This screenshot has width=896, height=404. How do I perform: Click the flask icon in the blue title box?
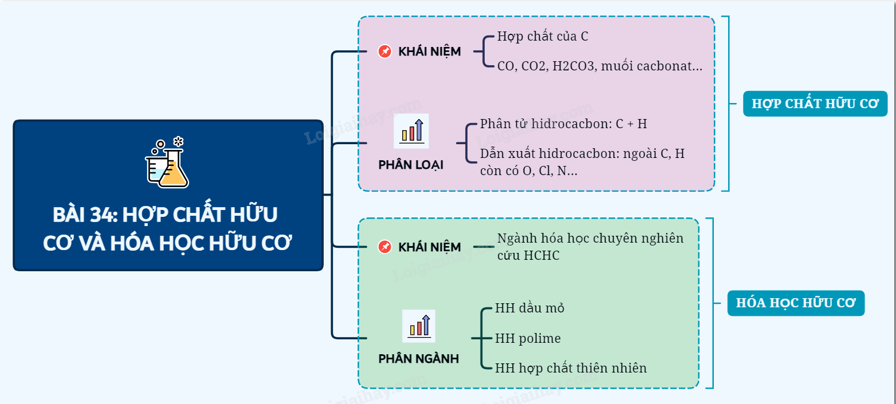click(167, 163)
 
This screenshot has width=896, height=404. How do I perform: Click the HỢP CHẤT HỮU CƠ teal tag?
click(815, 104)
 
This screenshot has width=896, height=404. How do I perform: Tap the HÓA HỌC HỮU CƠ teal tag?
click(795, 303)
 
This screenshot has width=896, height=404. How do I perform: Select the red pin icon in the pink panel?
click(385, 52)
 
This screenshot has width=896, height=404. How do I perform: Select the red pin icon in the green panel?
click(385, 247)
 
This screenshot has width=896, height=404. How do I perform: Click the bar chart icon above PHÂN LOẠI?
click(411, 131)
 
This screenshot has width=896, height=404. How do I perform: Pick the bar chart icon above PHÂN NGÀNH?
click(419, 326)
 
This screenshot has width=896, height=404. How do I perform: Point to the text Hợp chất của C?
click(543, 37)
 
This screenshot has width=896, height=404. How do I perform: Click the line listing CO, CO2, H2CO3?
click(599, 66)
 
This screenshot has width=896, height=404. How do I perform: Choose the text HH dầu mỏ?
click(529, 308)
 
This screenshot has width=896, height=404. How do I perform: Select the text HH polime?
click(528, 338)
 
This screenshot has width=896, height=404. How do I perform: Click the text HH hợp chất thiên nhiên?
click(571, 368)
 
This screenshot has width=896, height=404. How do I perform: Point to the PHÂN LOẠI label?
click(411, 165)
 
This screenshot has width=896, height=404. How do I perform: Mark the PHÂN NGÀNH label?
click(418, 359)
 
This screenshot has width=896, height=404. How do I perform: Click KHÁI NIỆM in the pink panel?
click(430, 52)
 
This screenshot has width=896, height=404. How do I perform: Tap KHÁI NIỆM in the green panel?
click(430, 247)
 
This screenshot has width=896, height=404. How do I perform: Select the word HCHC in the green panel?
click(541, 255)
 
